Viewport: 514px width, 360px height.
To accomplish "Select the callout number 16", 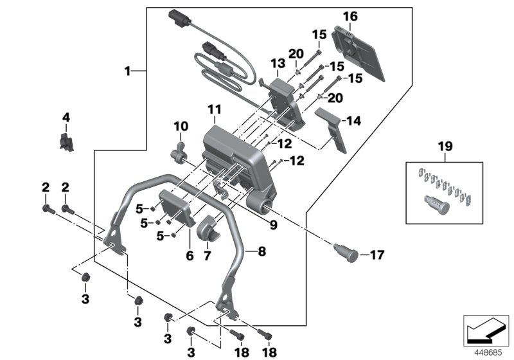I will pos(350,16).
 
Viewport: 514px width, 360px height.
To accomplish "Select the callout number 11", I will pos(214,110).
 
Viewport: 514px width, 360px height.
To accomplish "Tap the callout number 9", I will pos(274,225).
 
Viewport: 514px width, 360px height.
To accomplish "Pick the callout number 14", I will pos(355,120).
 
